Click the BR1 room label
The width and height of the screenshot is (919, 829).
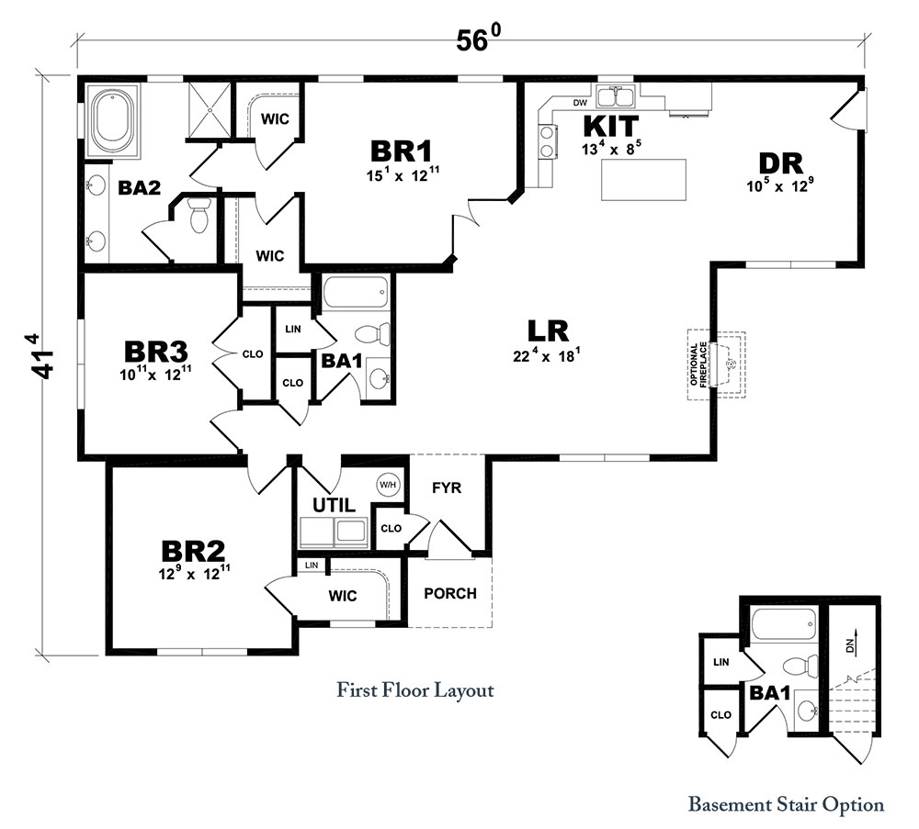point(401,151)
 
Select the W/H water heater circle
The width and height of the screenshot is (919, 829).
point(388,485)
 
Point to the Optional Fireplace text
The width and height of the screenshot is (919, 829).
point(698,364)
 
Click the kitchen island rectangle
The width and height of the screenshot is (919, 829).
point(643,180)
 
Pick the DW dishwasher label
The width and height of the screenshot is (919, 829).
point(580,103)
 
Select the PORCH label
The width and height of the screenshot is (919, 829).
point(450,594)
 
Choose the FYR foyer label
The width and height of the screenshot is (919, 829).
point(447,487)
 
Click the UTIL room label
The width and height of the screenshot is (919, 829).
point(334,505)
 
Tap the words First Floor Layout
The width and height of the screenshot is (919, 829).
point(415,690)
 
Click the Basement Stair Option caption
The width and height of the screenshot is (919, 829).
point(786,804)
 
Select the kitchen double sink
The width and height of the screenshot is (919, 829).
point(615,96)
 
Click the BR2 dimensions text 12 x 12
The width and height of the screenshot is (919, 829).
point(194,573)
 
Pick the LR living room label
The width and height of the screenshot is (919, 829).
point(548,331)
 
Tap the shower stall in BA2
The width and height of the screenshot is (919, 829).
point(209,109)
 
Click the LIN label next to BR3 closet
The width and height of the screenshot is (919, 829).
point(293,329)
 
